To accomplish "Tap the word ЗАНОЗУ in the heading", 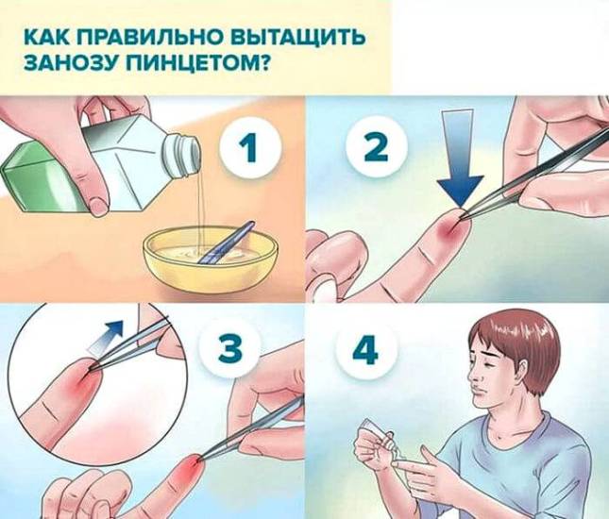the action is (73, 61).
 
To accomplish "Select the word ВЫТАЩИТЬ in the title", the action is (298, 38).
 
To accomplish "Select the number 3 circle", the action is (230, 346).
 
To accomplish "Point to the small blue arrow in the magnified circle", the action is (105, 337).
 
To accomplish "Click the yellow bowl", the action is (211, 262).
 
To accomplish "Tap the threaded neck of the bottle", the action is (182, 154).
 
